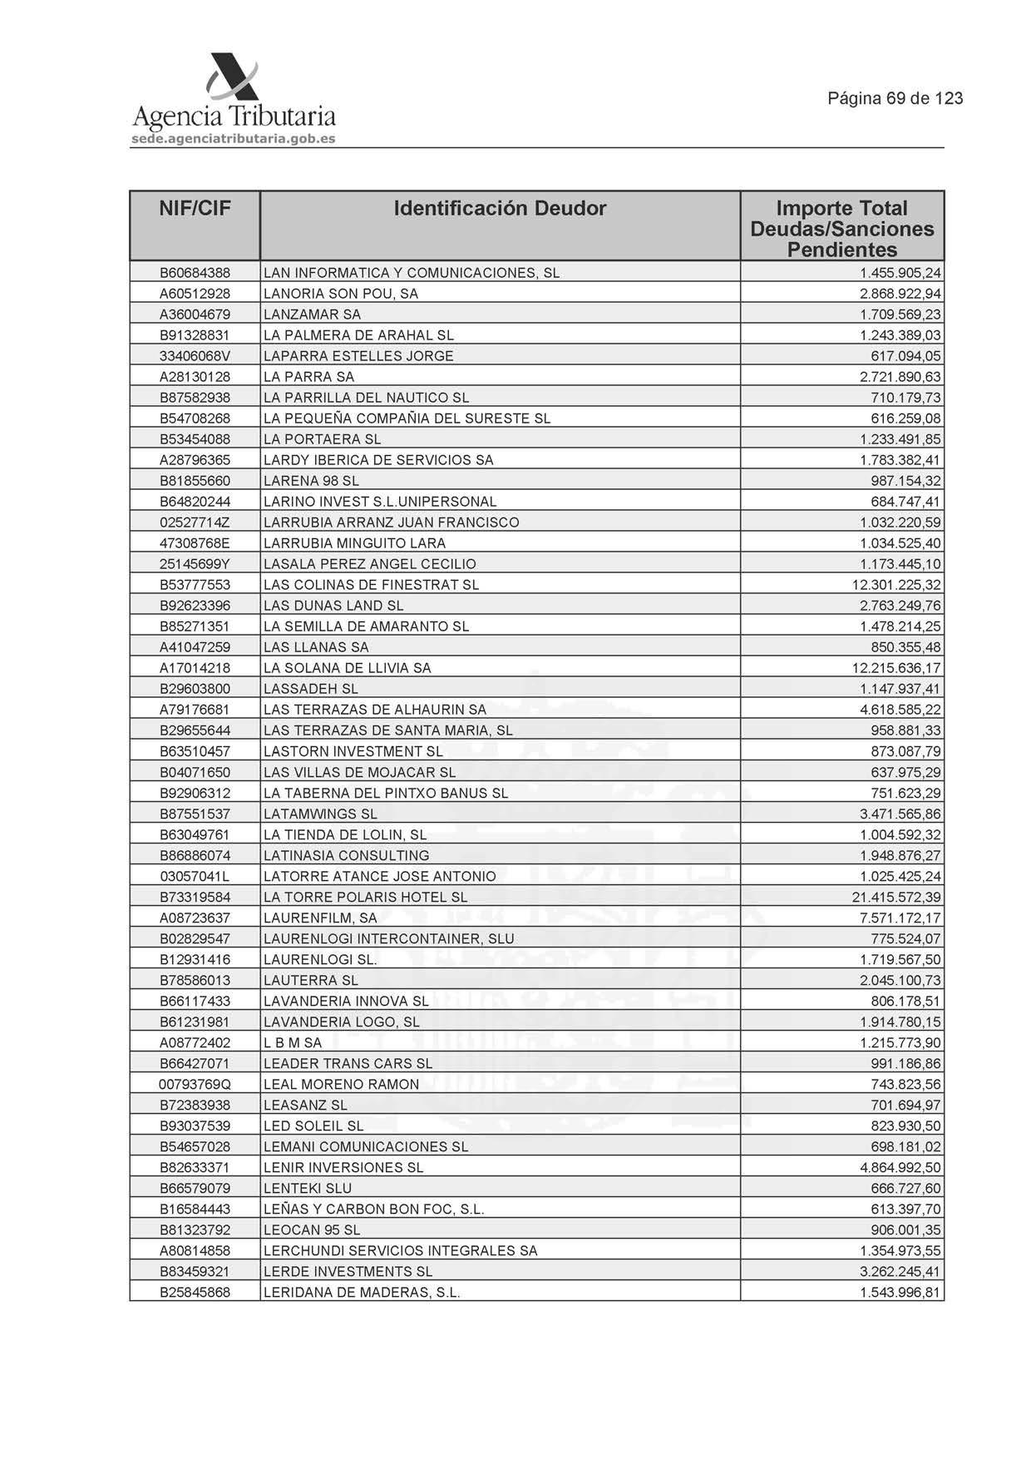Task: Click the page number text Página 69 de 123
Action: coord(895,98)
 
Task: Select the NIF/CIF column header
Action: coord(195,208)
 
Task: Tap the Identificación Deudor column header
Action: coord(500,208)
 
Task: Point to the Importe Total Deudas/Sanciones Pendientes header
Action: coord(841,229)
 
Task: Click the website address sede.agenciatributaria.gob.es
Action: coord(233,139)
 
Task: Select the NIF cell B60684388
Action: coord(195,273)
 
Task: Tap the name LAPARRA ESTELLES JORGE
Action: coord(358,356)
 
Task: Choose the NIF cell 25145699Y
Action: coord(195,564)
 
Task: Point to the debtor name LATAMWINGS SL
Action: coord(320,814)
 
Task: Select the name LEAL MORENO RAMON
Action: coord(341,1084)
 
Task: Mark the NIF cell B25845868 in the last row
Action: coord(195,1292)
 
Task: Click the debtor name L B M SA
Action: coord(293,1042)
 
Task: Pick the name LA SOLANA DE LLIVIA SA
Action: coord(347,668)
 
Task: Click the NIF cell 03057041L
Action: coord(195,876)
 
